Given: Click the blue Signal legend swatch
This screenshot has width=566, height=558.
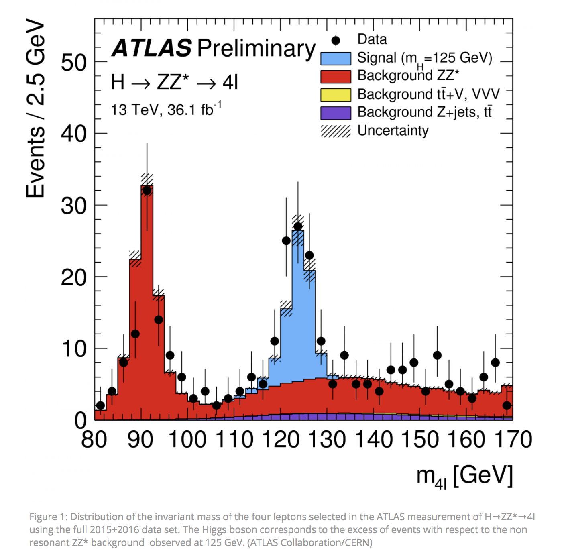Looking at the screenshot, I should tap(336, 58).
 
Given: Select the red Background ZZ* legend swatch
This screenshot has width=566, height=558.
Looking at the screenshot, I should tap(336, 76).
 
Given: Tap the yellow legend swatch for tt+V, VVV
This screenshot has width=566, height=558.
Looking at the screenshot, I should tap(336, 95).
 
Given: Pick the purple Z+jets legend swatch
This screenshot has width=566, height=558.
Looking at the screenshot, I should tap(336, 113).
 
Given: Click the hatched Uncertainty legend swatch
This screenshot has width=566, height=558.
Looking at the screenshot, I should tap(336, 131).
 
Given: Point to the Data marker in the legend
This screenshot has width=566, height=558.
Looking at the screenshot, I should tap(336, 40).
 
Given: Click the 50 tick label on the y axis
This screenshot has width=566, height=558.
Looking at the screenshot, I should tap(74, 63).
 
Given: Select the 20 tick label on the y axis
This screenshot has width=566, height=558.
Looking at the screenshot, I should tap(74, 277).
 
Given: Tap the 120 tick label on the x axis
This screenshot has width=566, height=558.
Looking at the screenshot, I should tap(281, 440).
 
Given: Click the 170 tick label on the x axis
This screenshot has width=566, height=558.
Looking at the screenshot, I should tap(513, 440).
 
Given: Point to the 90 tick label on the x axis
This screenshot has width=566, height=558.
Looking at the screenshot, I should tap(140, 440).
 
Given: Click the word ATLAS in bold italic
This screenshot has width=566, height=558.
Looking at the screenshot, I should tap(152, 48).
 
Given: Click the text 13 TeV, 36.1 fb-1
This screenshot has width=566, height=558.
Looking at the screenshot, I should tap(166, 109).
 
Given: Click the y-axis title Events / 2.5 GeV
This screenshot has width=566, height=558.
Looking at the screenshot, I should tap(35, 108).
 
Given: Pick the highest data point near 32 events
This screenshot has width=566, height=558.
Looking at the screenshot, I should tap(147, 191).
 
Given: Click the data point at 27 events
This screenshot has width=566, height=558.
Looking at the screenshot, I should tap(298, 226).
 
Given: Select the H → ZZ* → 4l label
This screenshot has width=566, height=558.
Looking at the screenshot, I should tap(175, 83).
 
